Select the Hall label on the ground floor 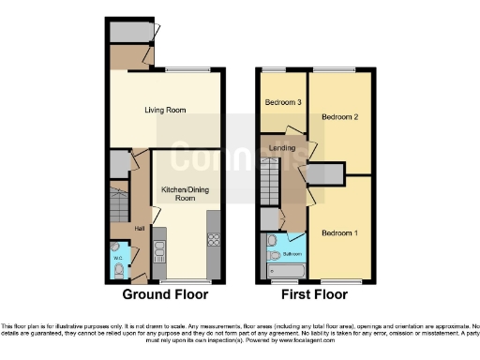pyautogui.click(x=138, y=228)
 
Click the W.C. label pyautogui.click(x=117, y=257)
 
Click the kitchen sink pyautogui.click(x=158, y=249)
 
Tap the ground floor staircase pyautogui.click(x=119, y=203)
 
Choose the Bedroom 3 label pyautogui.click(x=281, y=102)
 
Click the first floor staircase pyautogui.click(x=270, y=178)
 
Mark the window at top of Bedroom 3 pyautogui.click(x=275, y=70)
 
